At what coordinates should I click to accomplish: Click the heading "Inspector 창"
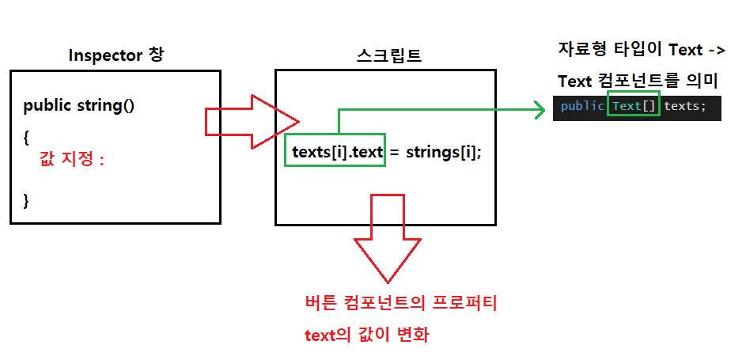[x=116, y=55]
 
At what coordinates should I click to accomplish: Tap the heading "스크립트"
[x=388, y=55]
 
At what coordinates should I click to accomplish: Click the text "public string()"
[x=79, y=105]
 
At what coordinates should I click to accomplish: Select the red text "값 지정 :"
[x=72, y=160]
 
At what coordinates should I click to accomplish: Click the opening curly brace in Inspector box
[x=26, y=136]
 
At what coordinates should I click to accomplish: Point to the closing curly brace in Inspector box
[x=26, y=199]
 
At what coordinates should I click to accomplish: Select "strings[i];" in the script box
[x=443, y=151]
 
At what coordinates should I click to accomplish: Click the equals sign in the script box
[x=394, y=152]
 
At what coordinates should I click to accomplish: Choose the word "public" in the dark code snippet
[x=583, y=106]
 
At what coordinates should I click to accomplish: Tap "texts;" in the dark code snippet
[x=685, y=106]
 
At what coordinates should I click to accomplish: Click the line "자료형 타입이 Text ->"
[x=641, y=50]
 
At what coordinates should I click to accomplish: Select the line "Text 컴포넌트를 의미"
[x=638, y=81]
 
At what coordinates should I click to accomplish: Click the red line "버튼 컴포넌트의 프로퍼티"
[x=400, y=303]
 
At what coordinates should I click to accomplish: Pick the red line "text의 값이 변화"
[x=366, y=335]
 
